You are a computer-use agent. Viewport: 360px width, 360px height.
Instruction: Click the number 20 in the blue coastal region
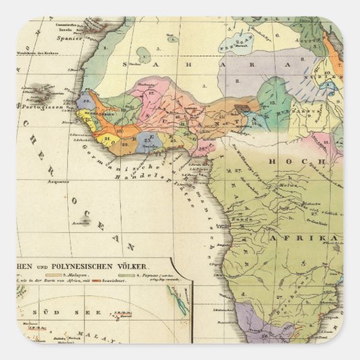(x=86, y=102)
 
